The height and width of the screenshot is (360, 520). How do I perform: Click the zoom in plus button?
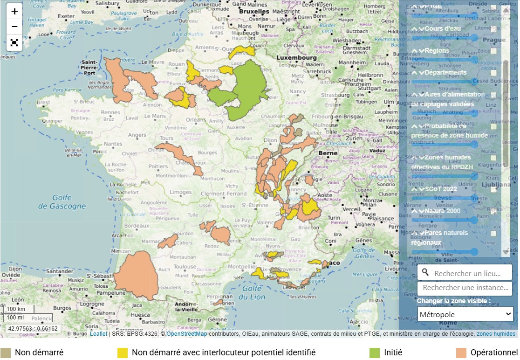[x=14, y=11]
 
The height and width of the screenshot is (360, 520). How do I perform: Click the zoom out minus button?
[x=14, y=27]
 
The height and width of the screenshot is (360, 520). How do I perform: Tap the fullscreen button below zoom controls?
[x=14, y=43]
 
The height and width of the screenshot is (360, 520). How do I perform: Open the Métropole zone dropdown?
[x=465, y=314]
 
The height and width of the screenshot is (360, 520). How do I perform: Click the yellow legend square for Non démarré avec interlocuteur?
[x=123, y=353]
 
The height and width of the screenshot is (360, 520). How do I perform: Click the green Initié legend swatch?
[x=374, y=353]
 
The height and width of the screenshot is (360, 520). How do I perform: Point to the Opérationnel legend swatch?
[x=461, y=353]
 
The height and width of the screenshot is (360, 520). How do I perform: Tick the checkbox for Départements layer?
[x=493, y=73]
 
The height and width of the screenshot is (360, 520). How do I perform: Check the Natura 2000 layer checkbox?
[x=493, y=211]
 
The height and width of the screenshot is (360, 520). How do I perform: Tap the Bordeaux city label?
[x=137, y=226]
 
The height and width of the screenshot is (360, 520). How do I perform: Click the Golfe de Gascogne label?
[x=68, y=201]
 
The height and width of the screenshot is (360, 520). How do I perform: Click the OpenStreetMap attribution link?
[x=187, y=334]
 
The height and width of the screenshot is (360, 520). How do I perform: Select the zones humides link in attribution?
[x=496, y=334]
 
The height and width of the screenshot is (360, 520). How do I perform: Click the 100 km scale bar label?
[x=15, y=309]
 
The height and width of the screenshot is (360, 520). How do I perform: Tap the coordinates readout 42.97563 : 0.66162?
[x=32, y=328]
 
